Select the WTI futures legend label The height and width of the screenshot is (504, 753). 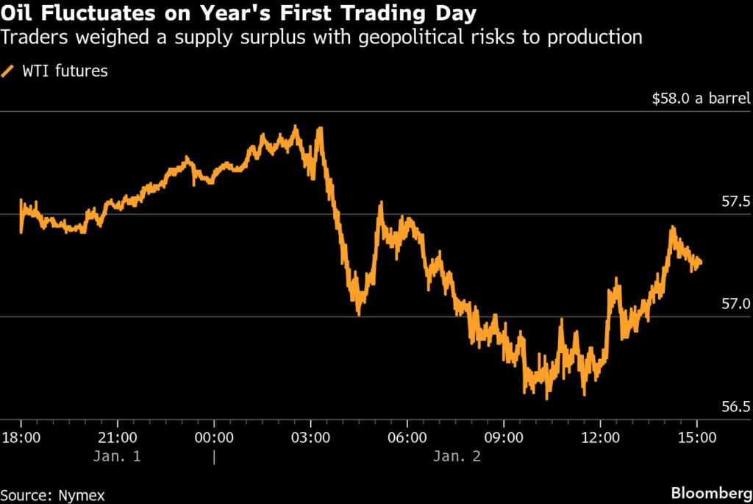[x=65, y=71]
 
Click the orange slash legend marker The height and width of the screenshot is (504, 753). [x=10, y=71]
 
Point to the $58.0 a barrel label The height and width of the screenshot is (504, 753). [x=701, y=98]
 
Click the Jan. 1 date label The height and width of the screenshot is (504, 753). [x=117, y=456]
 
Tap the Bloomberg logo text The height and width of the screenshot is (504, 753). [x=710, y=491]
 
